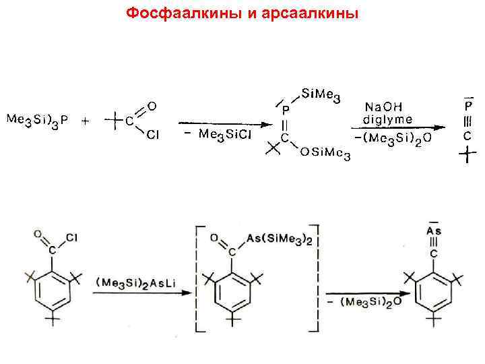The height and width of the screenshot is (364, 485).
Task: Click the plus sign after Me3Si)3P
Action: [86, 121]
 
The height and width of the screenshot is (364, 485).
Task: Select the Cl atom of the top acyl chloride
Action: [153, 136]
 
